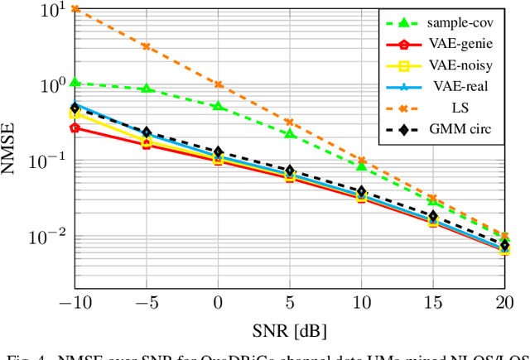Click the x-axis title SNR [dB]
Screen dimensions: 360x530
pos(290,331)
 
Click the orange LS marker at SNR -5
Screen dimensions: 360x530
pos(147,46)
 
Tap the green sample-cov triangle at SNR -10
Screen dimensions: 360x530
pos(75,83)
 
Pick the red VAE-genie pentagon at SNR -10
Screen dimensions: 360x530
pos(75,127)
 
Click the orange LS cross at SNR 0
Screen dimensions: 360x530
pos(219,84)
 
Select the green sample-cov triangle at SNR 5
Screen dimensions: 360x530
pos(290,132)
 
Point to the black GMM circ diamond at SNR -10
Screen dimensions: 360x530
pos(75,108)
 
